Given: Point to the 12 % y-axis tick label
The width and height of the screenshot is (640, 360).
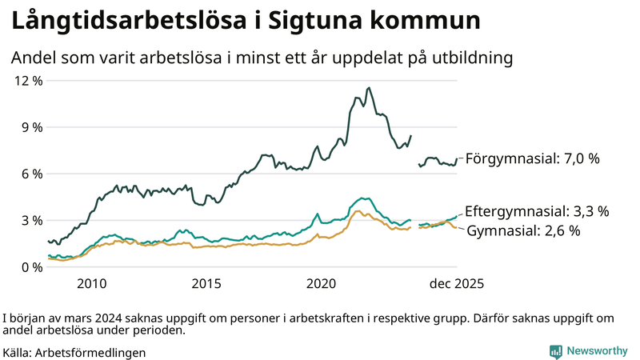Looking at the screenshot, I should point(27,81).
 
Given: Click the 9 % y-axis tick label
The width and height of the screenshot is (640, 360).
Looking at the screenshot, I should point(30,127).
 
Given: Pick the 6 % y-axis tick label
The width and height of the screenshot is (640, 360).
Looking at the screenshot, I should point(30,174).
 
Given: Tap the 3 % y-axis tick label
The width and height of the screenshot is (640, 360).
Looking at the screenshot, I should point(30,220).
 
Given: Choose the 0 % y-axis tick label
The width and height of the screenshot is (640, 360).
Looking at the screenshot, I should point(30,266).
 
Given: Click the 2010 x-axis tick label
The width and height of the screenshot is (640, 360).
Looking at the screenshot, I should point(91,283).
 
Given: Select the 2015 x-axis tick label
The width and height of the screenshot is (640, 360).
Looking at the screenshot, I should point(206,283).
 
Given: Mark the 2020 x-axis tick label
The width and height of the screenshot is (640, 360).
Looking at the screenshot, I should point(322,283).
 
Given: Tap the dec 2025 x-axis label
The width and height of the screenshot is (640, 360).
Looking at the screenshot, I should point(457,283).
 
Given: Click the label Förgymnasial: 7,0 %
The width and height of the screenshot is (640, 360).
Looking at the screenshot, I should point(532,158).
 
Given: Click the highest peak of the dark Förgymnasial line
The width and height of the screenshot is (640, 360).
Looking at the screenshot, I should point(368,88).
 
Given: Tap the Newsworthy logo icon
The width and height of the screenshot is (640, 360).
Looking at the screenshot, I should point(555,350).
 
